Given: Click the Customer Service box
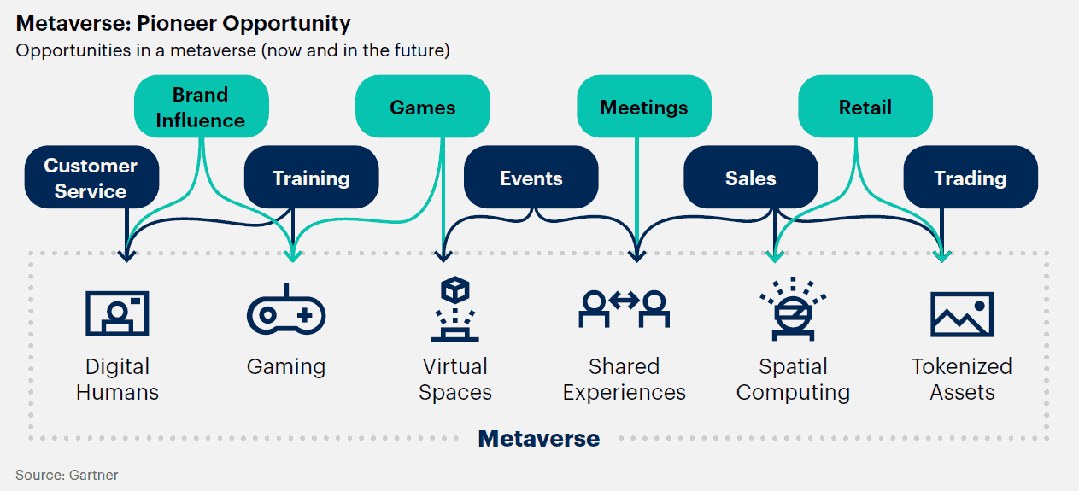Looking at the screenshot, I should (91, 178).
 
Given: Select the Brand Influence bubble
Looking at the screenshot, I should (201, 107).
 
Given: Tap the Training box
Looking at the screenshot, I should (311, 178).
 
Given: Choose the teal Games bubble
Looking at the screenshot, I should (422, 107).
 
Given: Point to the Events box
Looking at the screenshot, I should (531, 178).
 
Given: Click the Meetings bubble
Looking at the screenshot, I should (643, 107).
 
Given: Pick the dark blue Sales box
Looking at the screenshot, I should (750, 178).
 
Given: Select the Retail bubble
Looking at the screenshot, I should (865, 107).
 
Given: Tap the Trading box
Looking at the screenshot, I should (970, 178).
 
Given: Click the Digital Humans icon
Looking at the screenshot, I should (117, 313).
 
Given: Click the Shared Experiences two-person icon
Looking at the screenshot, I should (624, 307).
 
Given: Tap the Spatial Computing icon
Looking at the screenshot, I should (793, 307).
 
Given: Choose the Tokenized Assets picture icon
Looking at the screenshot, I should (961, 313).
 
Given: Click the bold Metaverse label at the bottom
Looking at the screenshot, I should (538, 438).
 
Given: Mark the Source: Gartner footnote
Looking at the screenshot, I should (67, 475).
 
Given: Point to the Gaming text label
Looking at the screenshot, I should (286, 367).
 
